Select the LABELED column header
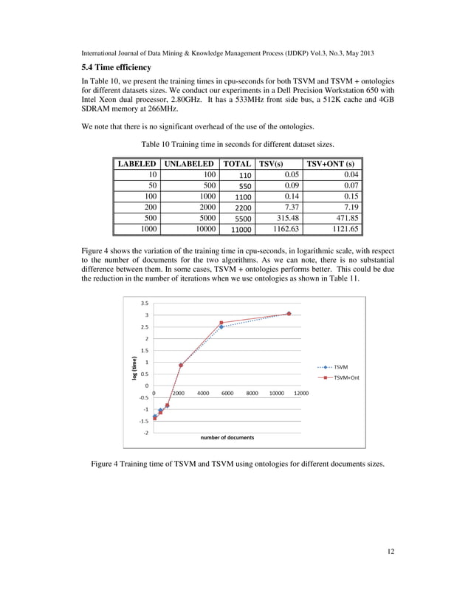[136, 163]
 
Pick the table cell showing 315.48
[284, 219]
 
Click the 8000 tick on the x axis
[252, 394]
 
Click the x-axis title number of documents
[227, 437]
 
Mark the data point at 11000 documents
[289, 314]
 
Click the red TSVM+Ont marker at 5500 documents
[221, 323]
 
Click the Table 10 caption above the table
[235, 144]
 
